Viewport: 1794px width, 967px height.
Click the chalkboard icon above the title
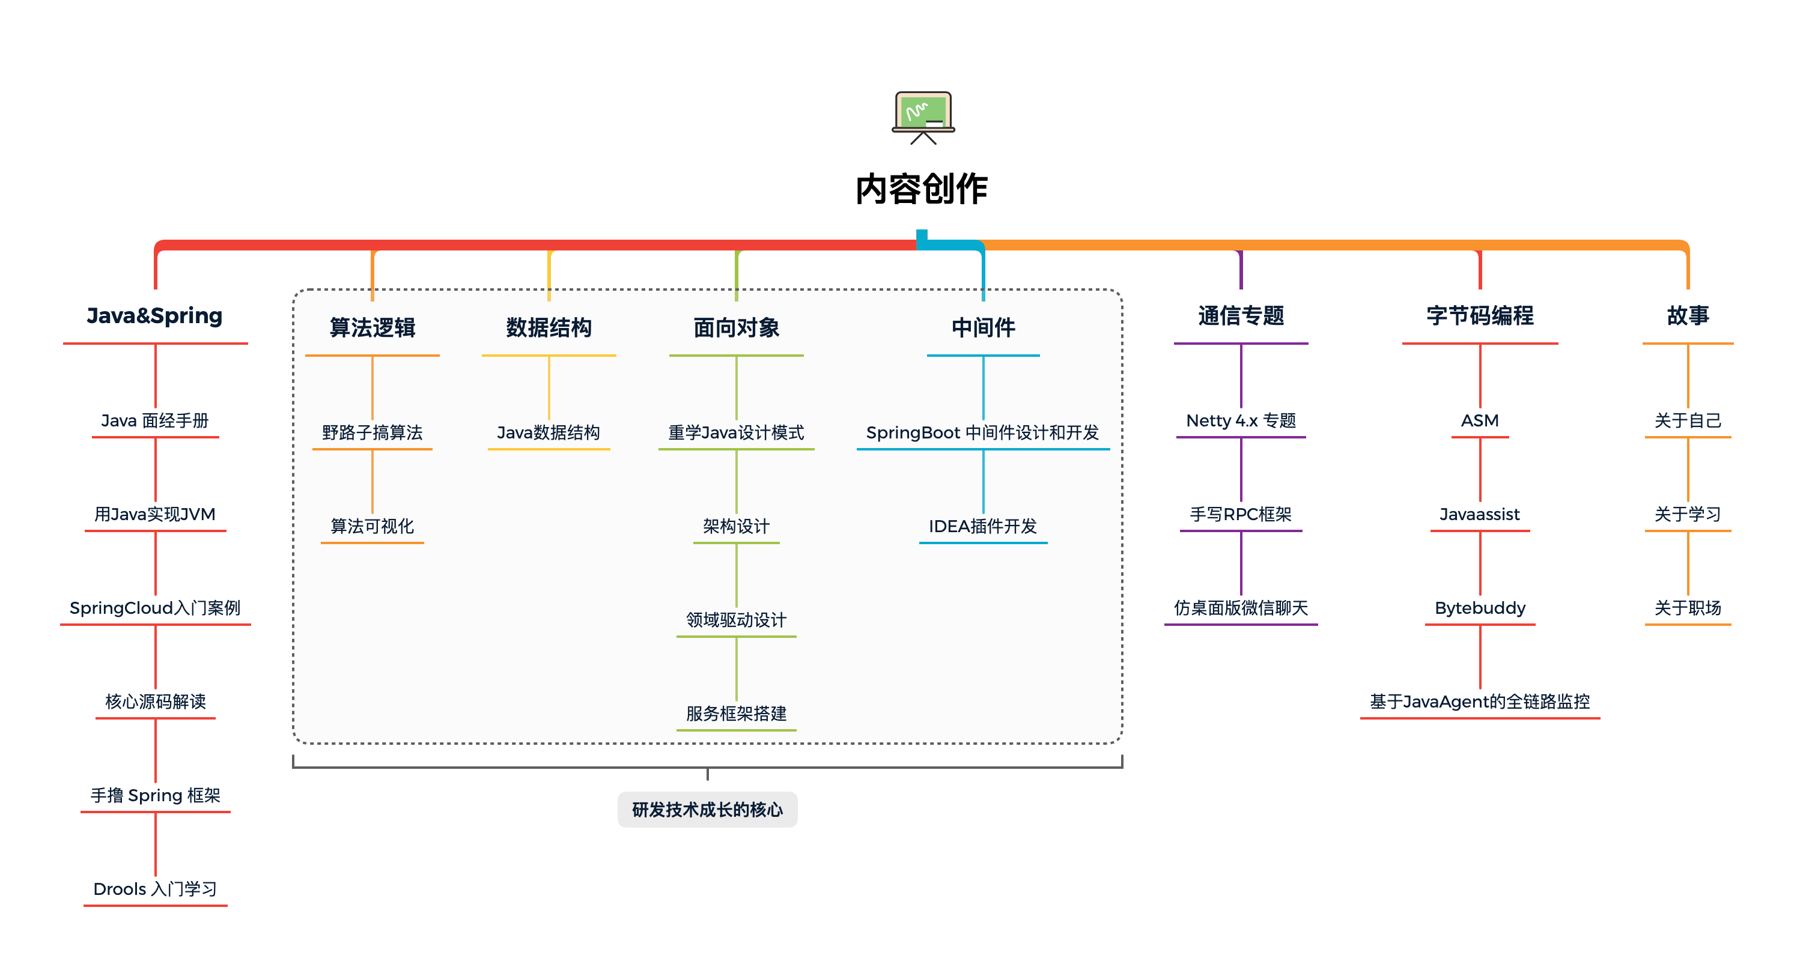click(923, 117)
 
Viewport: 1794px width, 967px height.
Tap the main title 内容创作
click(922, 189)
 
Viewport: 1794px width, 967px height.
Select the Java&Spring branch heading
click(154, 316)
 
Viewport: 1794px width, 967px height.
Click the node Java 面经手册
click(154, 420)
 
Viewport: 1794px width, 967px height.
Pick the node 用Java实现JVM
click(154, 515)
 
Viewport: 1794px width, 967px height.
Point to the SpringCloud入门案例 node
click(154, 608)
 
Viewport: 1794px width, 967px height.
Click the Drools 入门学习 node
click(154, 889)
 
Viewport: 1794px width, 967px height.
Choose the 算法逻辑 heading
click(372, 328)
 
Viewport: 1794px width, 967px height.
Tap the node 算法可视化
click(372, 526)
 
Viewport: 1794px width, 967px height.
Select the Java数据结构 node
click(548, 433)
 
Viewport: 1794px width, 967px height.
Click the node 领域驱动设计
click(736, 620)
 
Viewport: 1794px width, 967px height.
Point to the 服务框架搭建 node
click(736, 714)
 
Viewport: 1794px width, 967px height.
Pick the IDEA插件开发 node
click(983, 526)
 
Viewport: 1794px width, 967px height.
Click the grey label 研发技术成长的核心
click(707, 810)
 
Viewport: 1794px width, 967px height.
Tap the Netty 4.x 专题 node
click(1240, 420)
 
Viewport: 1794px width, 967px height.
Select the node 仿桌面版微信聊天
click(1240, 608)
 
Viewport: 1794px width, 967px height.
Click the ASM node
click(1479, 420)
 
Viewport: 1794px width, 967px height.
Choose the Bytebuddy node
click(1479, 608)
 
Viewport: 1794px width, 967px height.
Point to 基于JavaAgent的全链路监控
click(1479, 702)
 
